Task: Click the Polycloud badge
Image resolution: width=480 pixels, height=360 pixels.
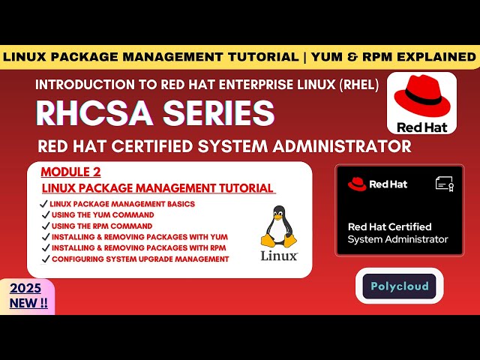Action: pyautogui.click(x=399, y=286)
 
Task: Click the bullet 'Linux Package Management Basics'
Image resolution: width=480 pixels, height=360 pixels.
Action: pyautogui.click(x=122, y=204)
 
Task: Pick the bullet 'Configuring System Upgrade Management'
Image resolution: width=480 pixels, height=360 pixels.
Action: pyautogui.click(x=139, y=259)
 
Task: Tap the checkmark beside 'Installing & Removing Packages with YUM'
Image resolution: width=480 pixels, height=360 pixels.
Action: pyautogui.click(x=44, y=237)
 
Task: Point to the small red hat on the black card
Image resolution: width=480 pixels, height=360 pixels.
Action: pyautogui.click(x=357, y=184)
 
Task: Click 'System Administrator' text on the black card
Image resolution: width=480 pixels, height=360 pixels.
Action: pyautogui.click(x=397, y=239)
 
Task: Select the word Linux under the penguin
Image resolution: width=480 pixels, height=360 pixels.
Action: pyautogui.click(x=279, y=256)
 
